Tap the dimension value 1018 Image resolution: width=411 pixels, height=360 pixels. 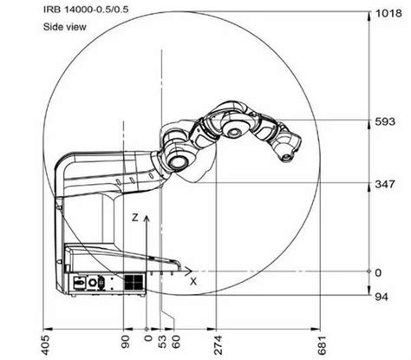click(388, 14)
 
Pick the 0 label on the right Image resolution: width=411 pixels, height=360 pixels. click(379, 272)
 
